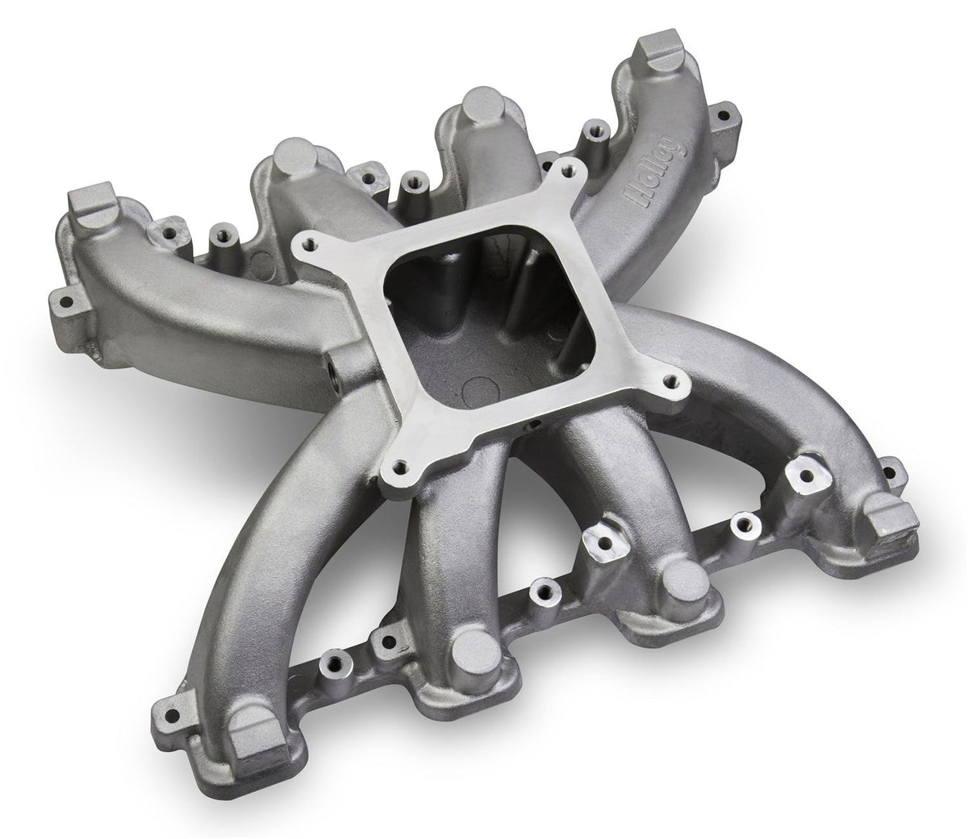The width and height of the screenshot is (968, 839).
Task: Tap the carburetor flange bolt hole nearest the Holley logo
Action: coord(574,171)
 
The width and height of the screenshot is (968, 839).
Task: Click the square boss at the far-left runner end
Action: coord(94,211)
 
